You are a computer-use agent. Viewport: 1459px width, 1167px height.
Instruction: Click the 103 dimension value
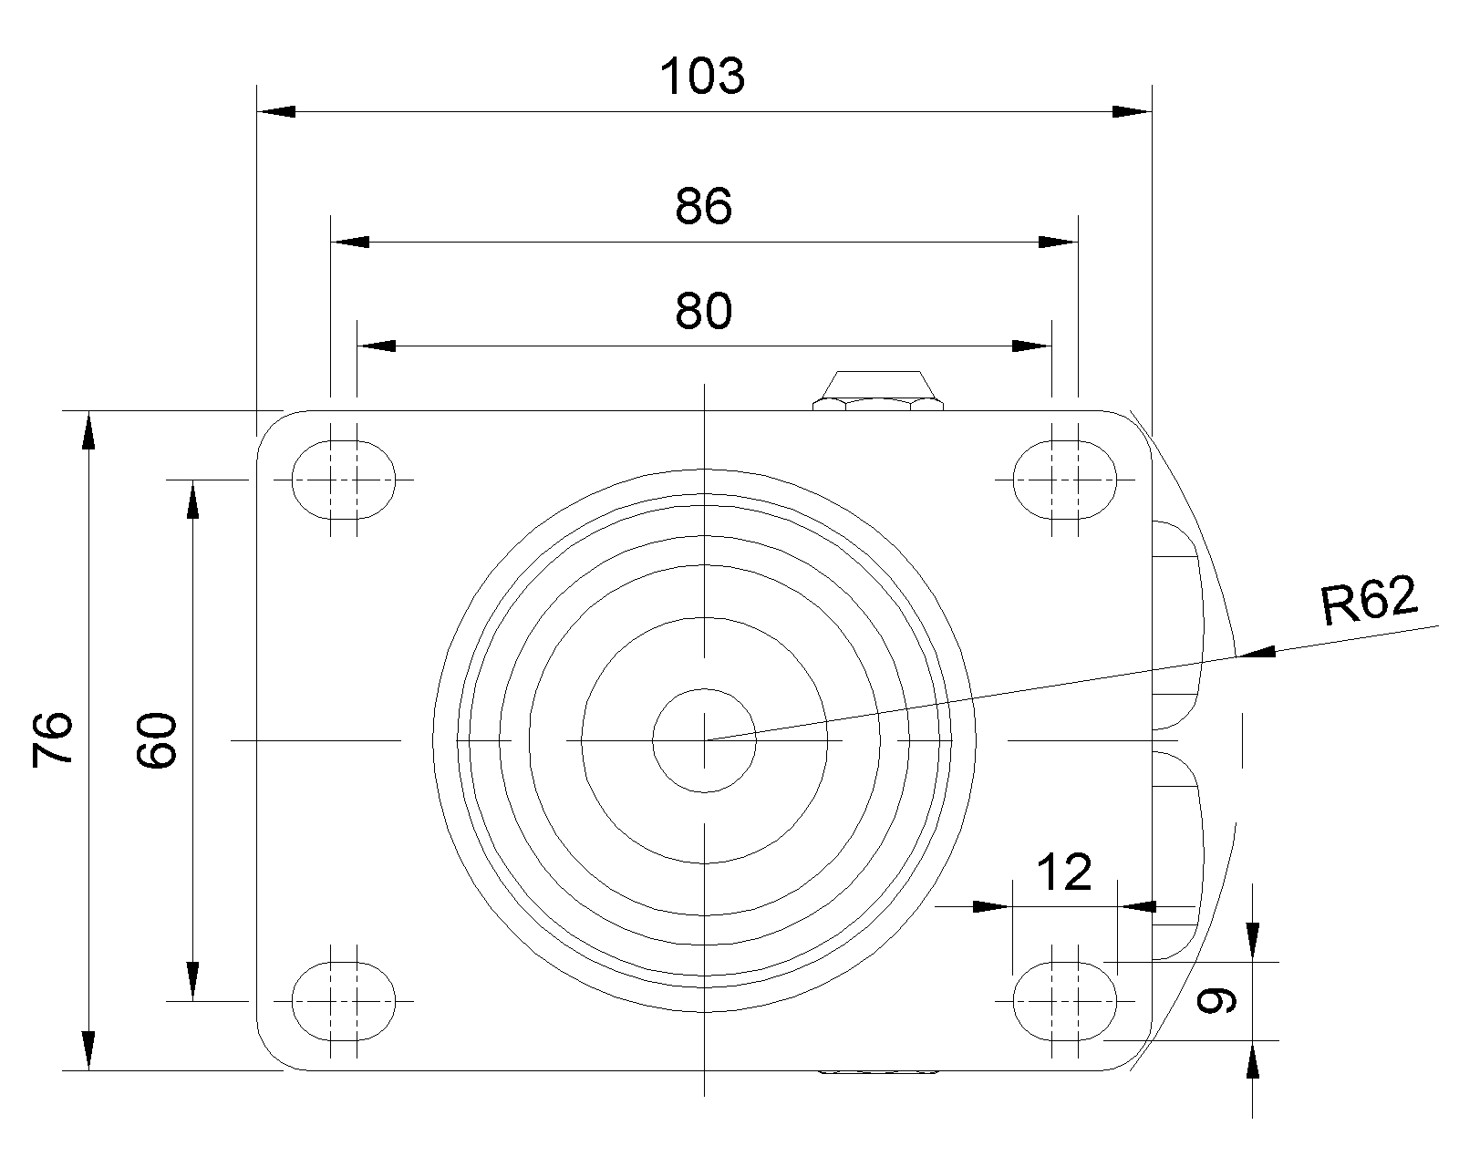[x=702, y=76]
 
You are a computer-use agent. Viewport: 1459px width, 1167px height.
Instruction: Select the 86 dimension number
[x=704, y=206]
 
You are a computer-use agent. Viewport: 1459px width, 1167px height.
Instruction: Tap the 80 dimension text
[x=704, y=311]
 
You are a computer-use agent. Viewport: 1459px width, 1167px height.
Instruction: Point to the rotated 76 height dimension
[x=52, y=739]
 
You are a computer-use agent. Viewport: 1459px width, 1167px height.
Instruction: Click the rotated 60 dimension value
[x=157, y=739]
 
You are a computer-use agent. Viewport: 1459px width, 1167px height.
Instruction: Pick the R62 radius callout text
[x=1369, y=600]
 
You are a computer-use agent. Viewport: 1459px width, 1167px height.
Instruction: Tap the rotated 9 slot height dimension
[x=1216, y=1001]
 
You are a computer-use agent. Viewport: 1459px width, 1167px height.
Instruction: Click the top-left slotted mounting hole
[x=344, y=480]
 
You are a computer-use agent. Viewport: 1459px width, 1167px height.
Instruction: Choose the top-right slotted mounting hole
[x=1064, y=480]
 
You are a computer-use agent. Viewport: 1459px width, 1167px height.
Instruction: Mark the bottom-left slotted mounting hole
[x=344, y=1001]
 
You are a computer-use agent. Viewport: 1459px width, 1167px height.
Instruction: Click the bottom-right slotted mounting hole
[x=1064, y=1001]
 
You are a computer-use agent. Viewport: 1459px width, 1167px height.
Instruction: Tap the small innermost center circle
[x=704, y=740]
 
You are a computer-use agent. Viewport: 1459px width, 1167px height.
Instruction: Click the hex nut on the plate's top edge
[x=878, y=390]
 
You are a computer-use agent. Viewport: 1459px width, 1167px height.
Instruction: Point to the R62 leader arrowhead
[x=1256, y=652]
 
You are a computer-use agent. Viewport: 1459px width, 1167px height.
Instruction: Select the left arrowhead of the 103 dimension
[x=276, y=111]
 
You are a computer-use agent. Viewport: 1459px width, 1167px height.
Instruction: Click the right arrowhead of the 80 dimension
[x=1031, y=346]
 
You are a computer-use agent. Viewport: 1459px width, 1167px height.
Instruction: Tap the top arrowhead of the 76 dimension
[x=88, y=430]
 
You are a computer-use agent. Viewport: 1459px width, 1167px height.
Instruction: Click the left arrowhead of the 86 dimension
[x=350, y=242]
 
